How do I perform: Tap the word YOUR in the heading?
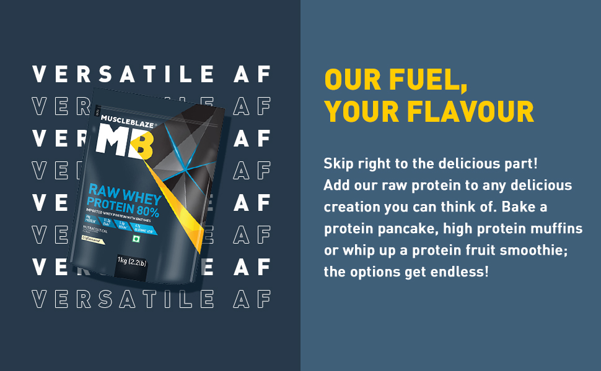coord(361,112)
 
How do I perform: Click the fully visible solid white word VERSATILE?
coord(123,75)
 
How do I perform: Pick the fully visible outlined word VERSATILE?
coord(123,299)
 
